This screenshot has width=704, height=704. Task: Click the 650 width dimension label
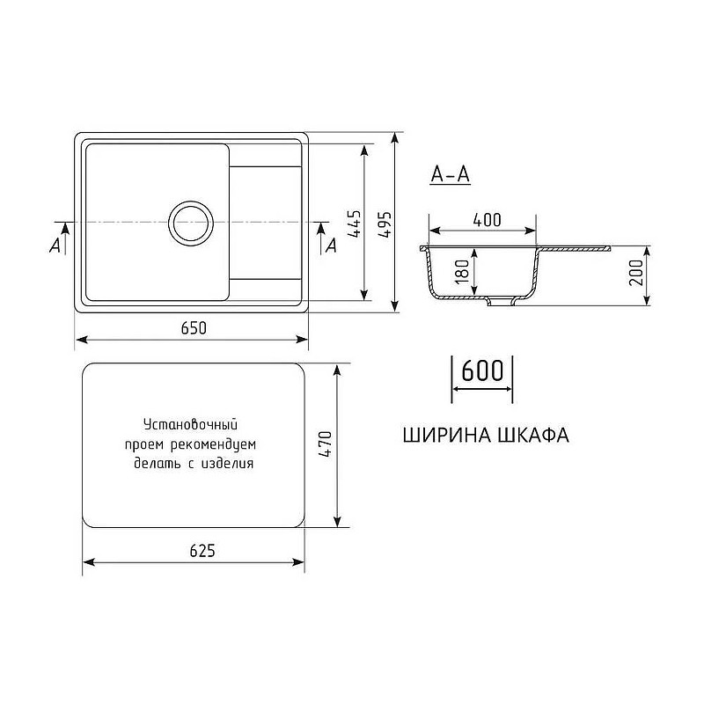[194, 328]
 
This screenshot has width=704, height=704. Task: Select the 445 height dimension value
[352, 225]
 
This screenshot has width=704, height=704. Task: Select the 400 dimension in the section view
[487, 221]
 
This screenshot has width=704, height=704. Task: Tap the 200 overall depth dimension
[636, 275]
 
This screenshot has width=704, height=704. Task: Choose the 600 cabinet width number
[481, 370]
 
